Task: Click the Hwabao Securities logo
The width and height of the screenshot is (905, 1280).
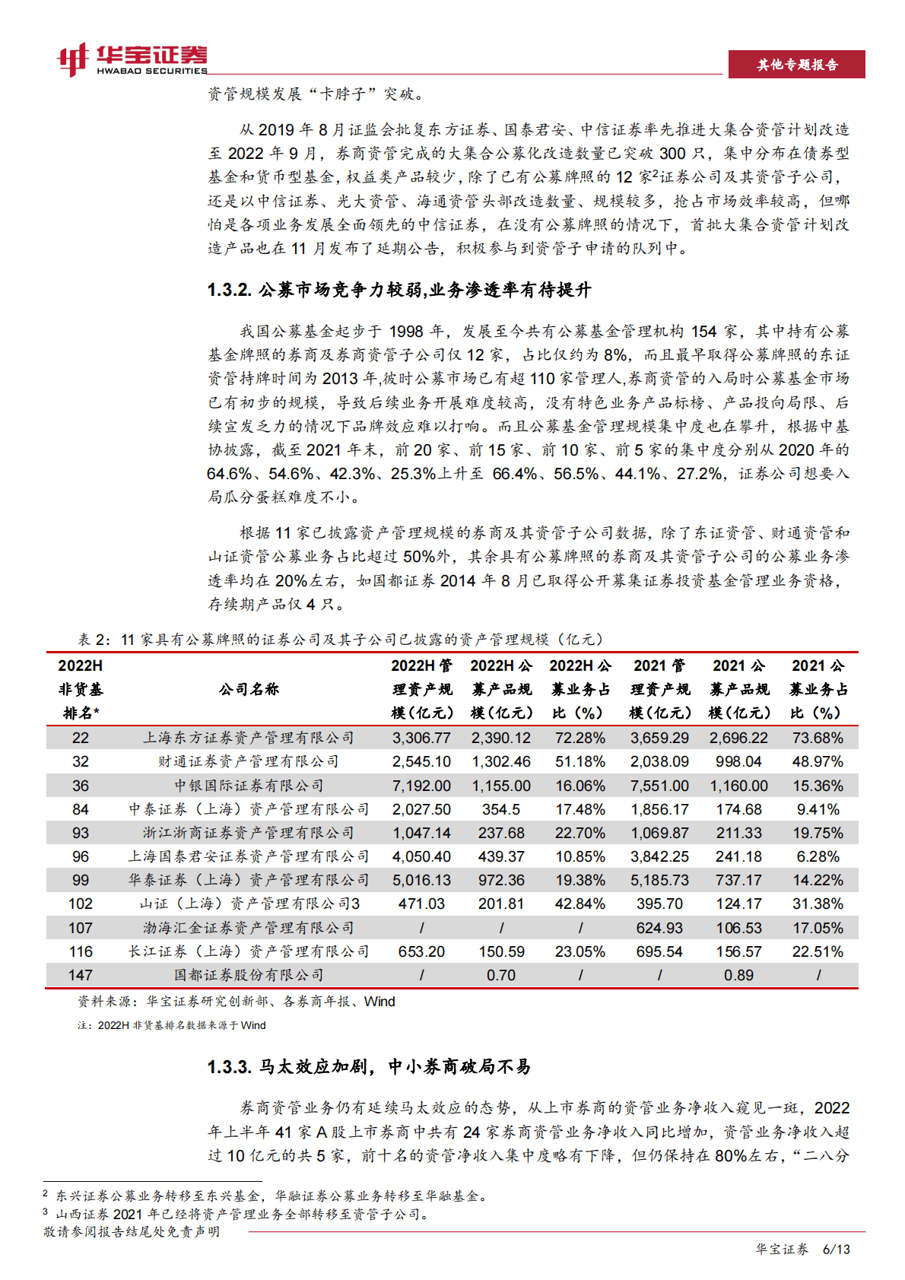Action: [132, 59]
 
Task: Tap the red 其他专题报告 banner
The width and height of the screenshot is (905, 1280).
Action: [796, 65]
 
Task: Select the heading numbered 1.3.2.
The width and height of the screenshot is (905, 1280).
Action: [399, 290]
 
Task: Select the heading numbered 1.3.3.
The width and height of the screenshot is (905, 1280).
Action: [369, 1066]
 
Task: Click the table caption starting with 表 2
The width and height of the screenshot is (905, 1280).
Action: [341, 640]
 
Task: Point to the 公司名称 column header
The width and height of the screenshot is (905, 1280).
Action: [249, 689]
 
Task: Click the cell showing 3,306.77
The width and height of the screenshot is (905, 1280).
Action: [421, 738]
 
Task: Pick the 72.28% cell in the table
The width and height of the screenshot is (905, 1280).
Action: [580, 738]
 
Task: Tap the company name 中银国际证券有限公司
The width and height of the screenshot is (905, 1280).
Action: [249, 786]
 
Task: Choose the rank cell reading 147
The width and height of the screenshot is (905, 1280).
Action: [81, 975]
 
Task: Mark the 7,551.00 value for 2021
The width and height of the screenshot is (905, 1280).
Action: [659, 786]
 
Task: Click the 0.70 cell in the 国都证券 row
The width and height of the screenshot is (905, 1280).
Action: [501, 975]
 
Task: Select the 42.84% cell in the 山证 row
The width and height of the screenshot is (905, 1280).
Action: [580, 904]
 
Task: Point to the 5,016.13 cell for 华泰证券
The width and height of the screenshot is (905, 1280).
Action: [421, 880]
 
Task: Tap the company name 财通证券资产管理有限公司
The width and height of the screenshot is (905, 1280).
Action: [249, 761]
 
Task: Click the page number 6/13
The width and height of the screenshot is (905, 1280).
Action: [837, 1249]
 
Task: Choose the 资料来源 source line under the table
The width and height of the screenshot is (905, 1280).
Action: [237, 1002]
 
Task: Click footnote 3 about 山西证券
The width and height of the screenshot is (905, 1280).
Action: [237, 1214]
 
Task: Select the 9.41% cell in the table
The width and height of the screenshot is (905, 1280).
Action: [818, 809]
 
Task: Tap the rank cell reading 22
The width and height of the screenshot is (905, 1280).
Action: [81, 738]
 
